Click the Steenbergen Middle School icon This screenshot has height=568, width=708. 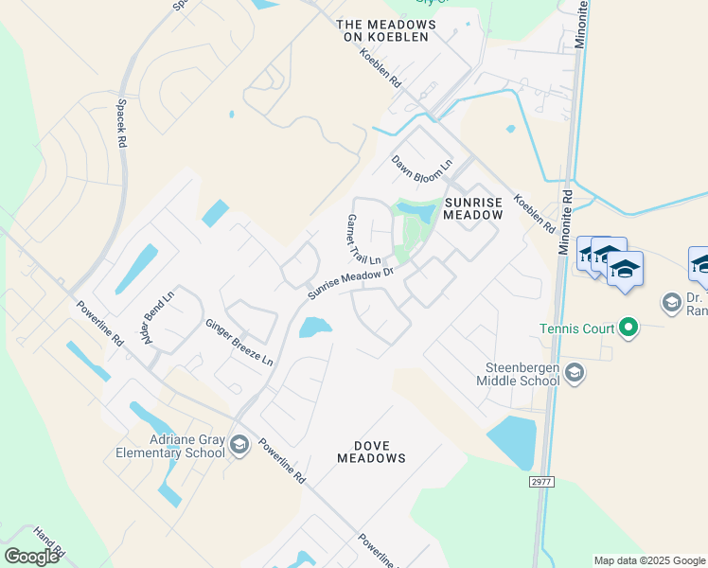[575, 375]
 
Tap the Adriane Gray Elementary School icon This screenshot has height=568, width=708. [239, 445]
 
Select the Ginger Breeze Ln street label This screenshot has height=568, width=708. [239, 342]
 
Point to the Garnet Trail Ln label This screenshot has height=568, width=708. [363, 240]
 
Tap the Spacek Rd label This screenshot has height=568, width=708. [121, 126]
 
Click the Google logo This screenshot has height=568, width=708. [31, 557]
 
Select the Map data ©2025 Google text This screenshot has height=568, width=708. [648, 560]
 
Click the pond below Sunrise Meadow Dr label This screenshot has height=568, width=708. [314, 328]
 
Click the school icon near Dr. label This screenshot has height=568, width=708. [672, 302]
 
